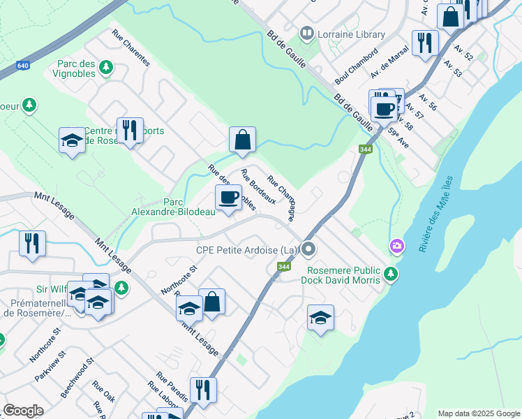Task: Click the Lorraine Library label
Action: pyautogui.click(x=351, y=34)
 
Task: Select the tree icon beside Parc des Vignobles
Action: pyautogui.click(x=105, y=67)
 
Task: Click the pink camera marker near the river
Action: pyautogui.click(x=396, y=245)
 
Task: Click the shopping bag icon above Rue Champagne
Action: pyautogui.click(x=242, y=139)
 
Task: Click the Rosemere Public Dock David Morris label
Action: pyautogui.click(x=341, y=275)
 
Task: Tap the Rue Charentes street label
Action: pyautogui.click(x=130, y=48)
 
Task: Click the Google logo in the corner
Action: pyautogui.click(x=24, y=411)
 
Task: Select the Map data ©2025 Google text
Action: pyautogui.click(x=478, y=413)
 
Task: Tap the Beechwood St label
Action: pyautogui.click(x=77, y=379)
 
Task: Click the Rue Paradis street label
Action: pyautogui.click(x=172, y=386)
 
